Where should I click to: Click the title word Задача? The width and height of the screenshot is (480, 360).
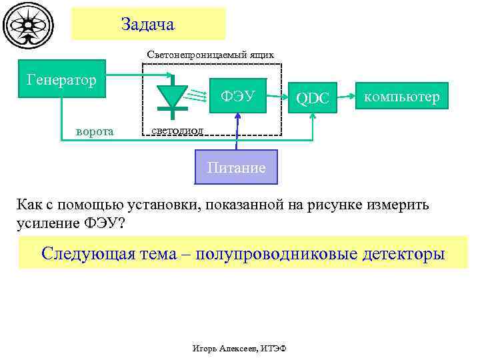pyautogui.click(x=148, y=25)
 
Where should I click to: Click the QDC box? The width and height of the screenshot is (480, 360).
pyautogui.click(x=313, y=99)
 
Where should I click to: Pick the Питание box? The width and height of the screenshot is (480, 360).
pyautogui.click(x=236, y=167)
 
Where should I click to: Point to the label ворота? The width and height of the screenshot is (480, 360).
pyautogui.click(x=95, y=131)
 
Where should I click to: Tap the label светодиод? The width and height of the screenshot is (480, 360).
pyautogui.click(x=177, y=130)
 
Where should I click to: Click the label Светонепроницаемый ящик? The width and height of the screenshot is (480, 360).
pyautogui.click(x=210, y=54)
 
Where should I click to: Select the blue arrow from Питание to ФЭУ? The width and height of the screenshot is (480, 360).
pyautogui.click(x=237, y=133)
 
